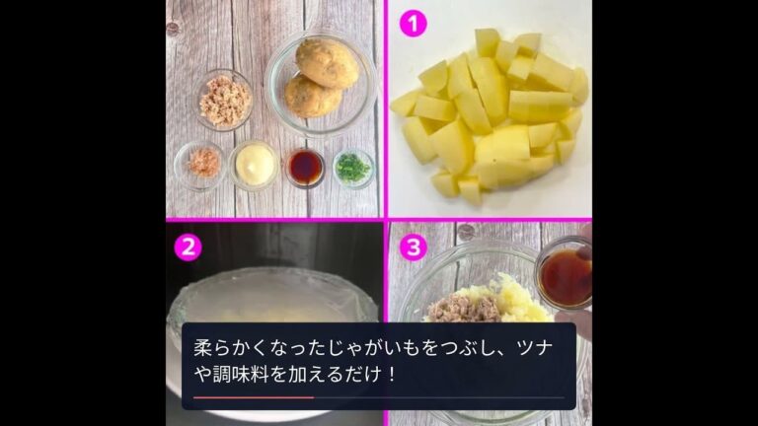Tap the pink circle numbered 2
click(x=188, y=246)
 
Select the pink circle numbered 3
click(x=413, y=246)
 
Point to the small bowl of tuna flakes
click(x=225, y=99)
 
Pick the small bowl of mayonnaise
click(x=254, y=164)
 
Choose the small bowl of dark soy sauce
click(x=305, y=168)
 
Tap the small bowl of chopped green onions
click(x=352, y=168)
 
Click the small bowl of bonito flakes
click(x=204, y=164)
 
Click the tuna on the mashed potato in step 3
click(x=460, y=309)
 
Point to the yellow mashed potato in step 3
click(x=521, y=298)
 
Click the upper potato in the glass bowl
click(x=327, y=61)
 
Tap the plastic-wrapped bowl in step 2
click(x=271, y=301)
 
